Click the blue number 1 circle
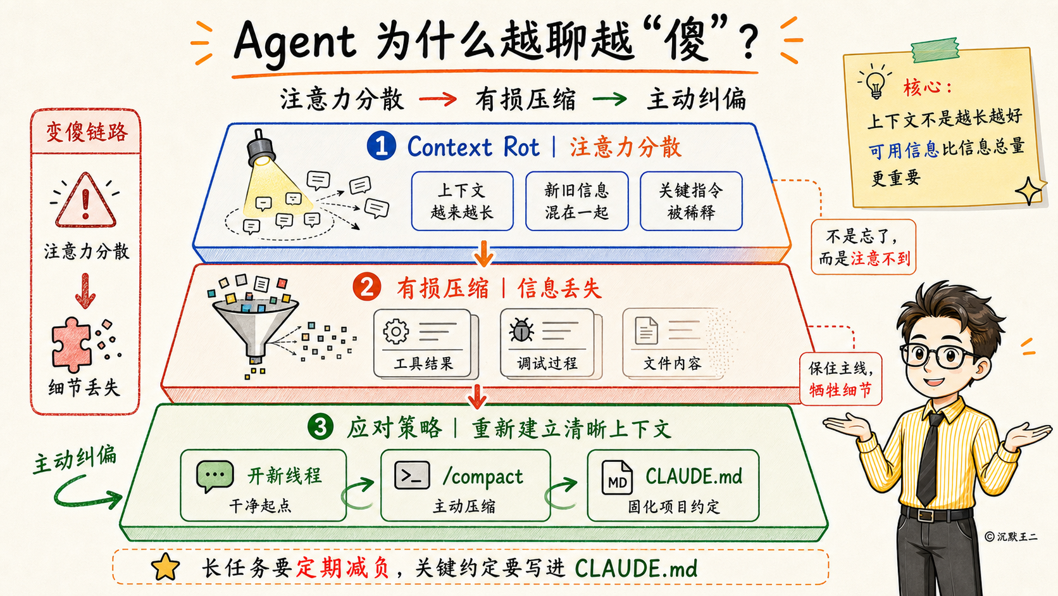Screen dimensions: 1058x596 point(381,146)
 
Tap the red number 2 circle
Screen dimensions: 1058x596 point(366,287)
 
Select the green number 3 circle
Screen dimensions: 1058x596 point(320,427)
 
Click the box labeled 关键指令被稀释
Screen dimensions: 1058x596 point(691,201)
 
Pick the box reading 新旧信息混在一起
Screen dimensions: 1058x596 point(576,201)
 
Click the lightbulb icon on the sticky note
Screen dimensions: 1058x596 point(874,81)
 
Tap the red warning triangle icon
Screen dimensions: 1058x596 point(85,200)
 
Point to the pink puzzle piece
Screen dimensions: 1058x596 point(71,345)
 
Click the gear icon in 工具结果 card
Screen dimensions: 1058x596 point(396,331)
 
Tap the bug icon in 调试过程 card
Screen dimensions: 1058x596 point(521,329)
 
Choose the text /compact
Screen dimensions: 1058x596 point(483,476)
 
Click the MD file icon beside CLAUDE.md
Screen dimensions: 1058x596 point(617,478)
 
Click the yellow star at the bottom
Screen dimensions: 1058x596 point(165,567)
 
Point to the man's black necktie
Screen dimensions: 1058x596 point(930,459)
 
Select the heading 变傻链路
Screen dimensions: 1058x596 point(87,132)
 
